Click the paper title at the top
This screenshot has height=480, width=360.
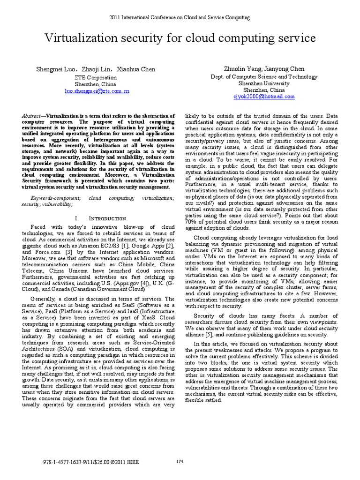[x=180, y=38]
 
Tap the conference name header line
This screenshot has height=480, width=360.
[x=180, y=17]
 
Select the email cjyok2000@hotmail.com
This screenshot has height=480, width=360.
[x=263, y=97]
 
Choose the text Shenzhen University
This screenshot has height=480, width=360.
[x=263, y=83]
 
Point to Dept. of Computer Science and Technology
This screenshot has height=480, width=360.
[x=263, y=77]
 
